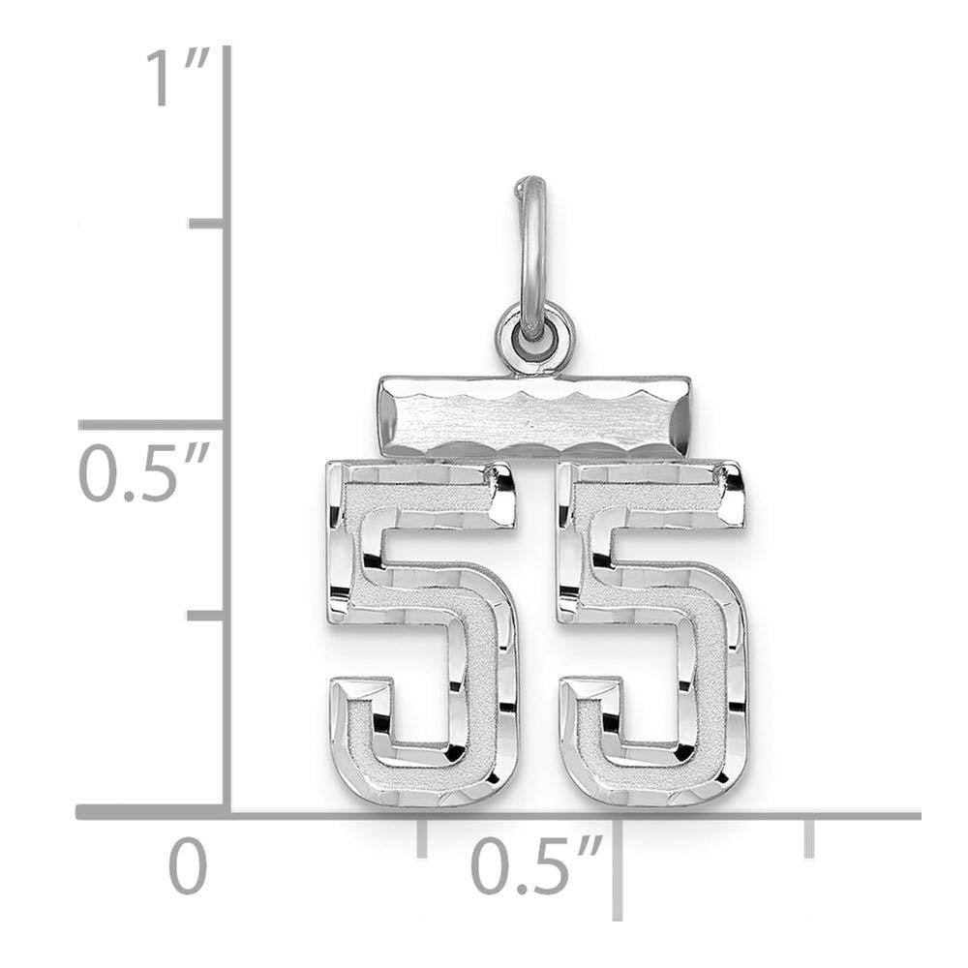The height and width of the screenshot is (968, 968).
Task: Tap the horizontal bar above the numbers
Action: coord(534,417)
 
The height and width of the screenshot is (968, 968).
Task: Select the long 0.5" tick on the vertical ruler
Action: coord(152,424)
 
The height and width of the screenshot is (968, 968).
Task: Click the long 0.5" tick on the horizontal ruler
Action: coord(618,866)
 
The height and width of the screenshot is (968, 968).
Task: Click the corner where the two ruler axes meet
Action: coord(227,812)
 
